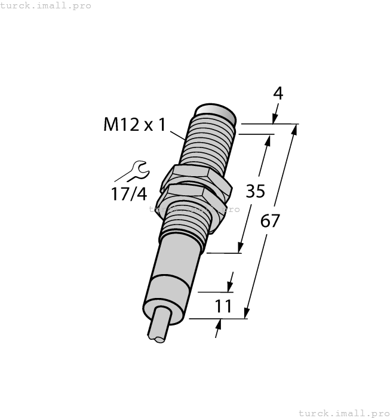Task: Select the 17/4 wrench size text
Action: (127, 193)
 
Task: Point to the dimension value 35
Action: (256, 192)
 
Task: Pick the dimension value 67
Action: (271, 221)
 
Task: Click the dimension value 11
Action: (223, 306)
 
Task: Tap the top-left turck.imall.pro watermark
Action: (46, 5)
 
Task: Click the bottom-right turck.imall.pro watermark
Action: (343, 413)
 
